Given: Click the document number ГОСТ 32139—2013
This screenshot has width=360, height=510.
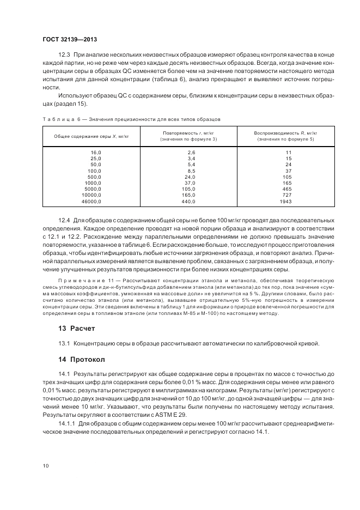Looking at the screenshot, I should pos(69,40).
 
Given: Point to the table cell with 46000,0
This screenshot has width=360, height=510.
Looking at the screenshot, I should pos(91,202).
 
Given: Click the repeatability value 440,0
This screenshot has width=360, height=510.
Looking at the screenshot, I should pos(188,202).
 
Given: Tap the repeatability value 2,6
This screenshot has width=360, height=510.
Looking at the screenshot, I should pos(191,152).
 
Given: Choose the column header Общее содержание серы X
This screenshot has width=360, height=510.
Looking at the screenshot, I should pos(91,136).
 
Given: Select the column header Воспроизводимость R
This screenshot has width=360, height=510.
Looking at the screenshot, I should pos(285,133).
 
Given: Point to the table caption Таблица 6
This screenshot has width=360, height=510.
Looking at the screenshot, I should pos(58,118).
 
